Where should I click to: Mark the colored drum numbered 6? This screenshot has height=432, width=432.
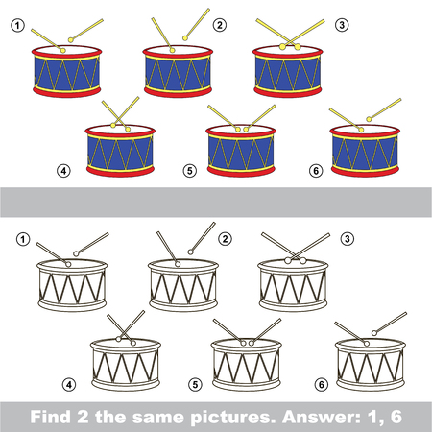tap(364, 150)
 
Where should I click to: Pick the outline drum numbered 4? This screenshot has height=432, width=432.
tap(123, 361)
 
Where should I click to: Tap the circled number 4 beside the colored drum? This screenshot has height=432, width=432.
tap(64, 172)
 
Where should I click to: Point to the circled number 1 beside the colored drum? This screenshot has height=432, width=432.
tap(16, 26)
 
